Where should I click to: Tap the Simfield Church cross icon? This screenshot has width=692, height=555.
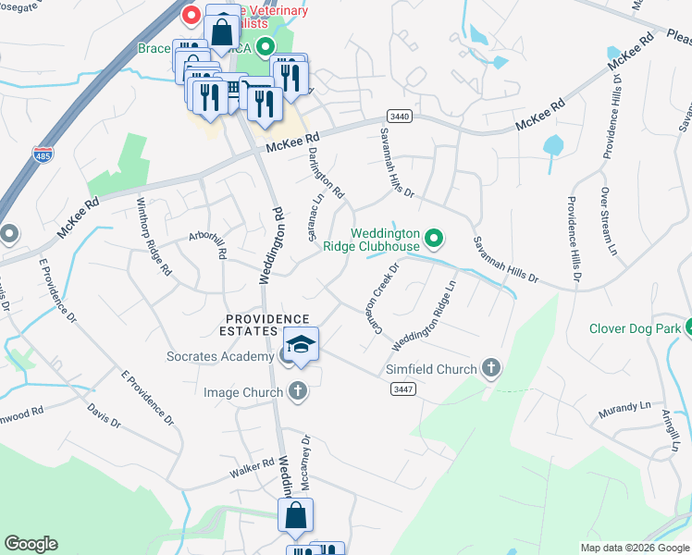pyautogui.click(x=491, y=369)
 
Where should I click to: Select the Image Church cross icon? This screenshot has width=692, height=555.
pyautogui.click(x=297, y=392)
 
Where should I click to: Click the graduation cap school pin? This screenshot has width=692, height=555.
pyautogui.click(x=301, y=346)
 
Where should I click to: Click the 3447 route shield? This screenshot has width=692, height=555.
pyautogui.click(x=401, y=389)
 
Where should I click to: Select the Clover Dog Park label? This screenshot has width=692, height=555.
pyautogui.click(x=634, y=328)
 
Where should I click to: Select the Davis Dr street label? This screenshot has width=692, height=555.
pyautogui.click(x=104, y=414)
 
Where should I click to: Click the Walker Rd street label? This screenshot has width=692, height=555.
pyautogui.click(x=252, y=469)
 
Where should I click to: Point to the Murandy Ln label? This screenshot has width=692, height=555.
pyautogui.click(x=624, y=408)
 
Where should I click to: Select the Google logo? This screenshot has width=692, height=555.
pyautogui.click(x=31, y=544)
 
